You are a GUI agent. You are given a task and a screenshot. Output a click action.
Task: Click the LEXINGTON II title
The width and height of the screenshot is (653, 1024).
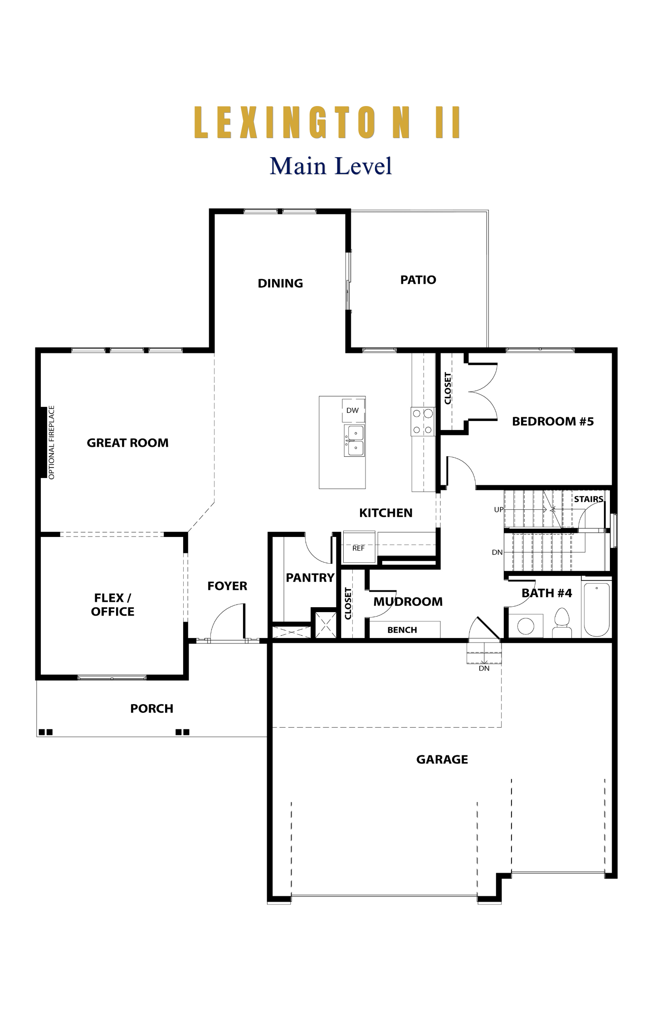pyautogui.click(x=327, y=122)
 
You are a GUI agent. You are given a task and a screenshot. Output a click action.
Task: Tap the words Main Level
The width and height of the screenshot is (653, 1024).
pyautogui.click(x=331, y=166)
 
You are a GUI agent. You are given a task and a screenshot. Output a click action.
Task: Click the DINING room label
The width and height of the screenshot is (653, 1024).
pyautogui.click(x=280, y=283)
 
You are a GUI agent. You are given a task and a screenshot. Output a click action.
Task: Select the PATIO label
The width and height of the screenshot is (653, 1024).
pyautogui.click(x=418, y=280)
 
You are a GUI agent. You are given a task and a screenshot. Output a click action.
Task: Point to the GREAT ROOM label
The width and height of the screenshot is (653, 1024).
pyautogui.click(x=127, y=443)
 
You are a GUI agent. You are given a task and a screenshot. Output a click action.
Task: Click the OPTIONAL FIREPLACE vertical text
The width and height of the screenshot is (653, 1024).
pyautogui.click(x=51, y=442)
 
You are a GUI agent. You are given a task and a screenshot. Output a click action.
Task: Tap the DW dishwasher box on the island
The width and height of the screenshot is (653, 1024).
pyautogui.click(x=353, y=411)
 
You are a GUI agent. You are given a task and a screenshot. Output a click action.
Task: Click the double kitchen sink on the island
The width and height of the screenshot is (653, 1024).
pyautogui.click(x=355, y=440)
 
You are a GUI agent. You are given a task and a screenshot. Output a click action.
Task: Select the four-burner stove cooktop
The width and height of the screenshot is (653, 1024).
pyautogui.click(x=423, y=421)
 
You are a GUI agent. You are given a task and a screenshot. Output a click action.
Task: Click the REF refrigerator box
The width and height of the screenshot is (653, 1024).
pyautogui.click(x=359, y=546)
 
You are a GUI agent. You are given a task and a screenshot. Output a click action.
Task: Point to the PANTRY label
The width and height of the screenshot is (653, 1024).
pyautogui.click(x=310, y=578)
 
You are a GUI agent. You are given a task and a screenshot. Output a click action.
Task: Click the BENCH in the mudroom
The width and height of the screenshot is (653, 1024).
pyautogui.click(x=403, y=629)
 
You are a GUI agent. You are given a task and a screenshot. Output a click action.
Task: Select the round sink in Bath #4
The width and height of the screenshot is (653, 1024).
pyautogui.click(x=526, y=626)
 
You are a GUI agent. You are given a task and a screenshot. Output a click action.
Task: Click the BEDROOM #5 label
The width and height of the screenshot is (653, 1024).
pyautogui.click(x=553, y=421)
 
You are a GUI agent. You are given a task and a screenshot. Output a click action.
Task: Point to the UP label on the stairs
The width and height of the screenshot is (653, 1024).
pyautogui.click(x=499, y=510)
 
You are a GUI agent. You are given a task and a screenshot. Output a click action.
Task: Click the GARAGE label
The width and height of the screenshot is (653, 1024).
pyautogui.click(x=442, y=759)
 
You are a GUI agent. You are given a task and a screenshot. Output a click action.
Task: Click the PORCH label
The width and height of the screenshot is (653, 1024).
pyautogui.click(x=152, y=709)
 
